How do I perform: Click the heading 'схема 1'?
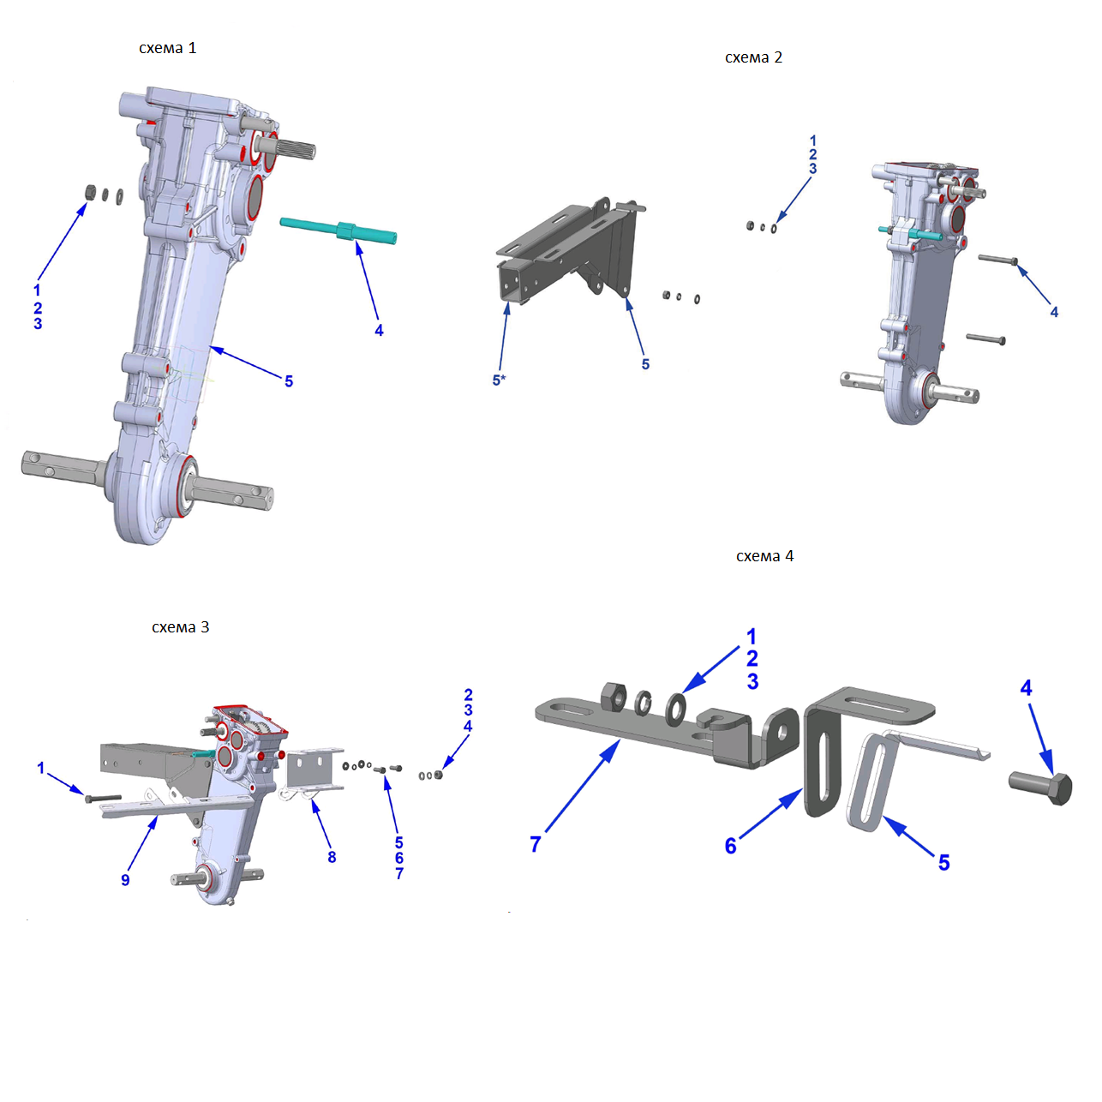168,48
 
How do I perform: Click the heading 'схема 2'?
753,57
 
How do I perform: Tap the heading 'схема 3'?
180,627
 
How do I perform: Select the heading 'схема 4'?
764,556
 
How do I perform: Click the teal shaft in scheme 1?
338,230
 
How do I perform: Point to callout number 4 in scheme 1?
379,330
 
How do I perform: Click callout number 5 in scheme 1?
289,381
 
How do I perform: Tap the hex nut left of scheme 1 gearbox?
89,191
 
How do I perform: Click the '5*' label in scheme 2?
499,380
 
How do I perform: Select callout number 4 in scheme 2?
1054,312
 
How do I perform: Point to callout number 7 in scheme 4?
536,844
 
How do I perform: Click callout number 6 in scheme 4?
730,846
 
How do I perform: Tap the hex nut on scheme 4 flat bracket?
614,696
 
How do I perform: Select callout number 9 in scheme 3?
125,880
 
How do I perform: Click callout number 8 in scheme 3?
332,857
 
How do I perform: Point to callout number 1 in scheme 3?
40,768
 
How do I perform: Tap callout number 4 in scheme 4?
1026,687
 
